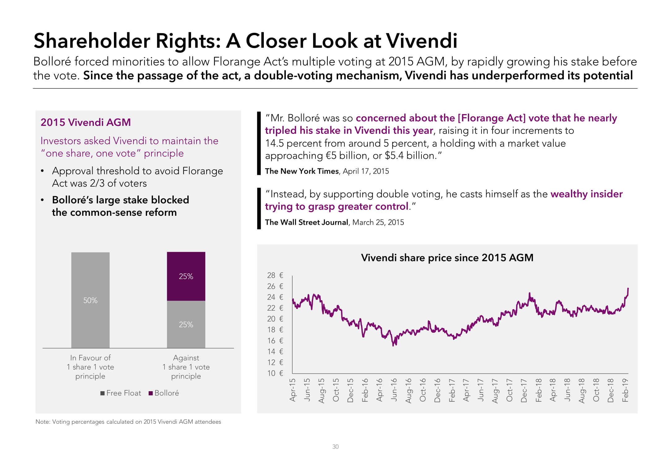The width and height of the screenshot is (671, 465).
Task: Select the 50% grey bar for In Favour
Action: (90, 300)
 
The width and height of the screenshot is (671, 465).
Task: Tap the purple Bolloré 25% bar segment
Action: (186, 276)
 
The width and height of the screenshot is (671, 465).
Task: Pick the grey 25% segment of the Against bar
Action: (186, 324)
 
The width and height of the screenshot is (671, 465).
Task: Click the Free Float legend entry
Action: (120, 393)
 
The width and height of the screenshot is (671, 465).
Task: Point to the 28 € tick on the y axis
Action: (275, 275)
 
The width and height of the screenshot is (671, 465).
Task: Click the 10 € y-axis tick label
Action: (275, 373)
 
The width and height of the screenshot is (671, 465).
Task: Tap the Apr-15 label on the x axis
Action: (292, 390)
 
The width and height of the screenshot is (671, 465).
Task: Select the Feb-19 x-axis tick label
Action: (625, 390)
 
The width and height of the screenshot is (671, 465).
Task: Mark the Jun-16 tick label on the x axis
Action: (394, 390)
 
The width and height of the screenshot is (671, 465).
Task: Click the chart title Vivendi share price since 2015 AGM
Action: (447, 258)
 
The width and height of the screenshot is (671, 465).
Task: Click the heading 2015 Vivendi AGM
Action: (86, 122)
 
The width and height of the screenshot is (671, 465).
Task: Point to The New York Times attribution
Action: (302, 171)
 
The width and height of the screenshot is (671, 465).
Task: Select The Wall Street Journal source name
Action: (307, 222)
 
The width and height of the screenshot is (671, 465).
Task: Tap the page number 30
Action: (335, 447)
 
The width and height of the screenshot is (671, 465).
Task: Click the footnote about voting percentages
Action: (128, 422)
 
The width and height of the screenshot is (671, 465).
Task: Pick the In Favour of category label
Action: (90, 358)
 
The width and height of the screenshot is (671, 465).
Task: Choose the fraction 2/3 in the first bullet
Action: (97, 183)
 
